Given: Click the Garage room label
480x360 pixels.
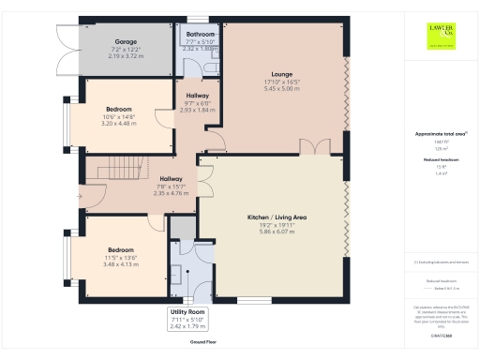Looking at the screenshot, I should pyautogui.click(x=126, y=42).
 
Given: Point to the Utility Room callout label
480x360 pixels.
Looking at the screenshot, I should pyautogui.click(x=188, y=311).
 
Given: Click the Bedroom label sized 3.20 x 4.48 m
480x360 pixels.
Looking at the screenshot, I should pyautogui.click(x=119, y=109).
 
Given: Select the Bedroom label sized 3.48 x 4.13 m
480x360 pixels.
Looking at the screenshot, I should pyautogui.click(x=120, y=250).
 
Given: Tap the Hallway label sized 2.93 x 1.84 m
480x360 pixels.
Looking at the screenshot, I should pyautogui.click(x=197, y=96).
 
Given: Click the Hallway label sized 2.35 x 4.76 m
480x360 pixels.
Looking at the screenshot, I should pyautogui.click(x=171, y=178).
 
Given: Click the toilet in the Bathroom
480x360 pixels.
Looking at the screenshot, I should pyautogui.click(x=209, y=68).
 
